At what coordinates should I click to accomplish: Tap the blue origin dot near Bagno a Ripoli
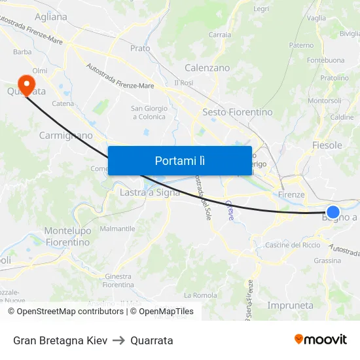pos(333,211)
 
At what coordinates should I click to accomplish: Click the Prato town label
pos(140,48)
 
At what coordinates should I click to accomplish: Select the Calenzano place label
pos(207,67)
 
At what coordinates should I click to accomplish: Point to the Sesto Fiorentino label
pos(238,112)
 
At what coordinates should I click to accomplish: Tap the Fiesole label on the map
pos(327,145)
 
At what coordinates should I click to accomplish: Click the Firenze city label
pos(291,194)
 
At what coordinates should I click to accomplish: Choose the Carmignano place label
pos(65,135)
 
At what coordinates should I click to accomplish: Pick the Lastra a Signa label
pos(150,192)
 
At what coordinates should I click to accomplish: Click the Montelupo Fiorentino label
pos(67,236)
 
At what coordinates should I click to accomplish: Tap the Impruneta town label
pos(290,305)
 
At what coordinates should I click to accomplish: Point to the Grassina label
pos(327,261)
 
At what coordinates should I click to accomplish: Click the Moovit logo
pos(320,339)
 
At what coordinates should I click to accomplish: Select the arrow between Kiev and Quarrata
pos(118,340)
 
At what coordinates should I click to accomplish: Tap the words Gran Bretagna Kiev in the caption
pos(60,340)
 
